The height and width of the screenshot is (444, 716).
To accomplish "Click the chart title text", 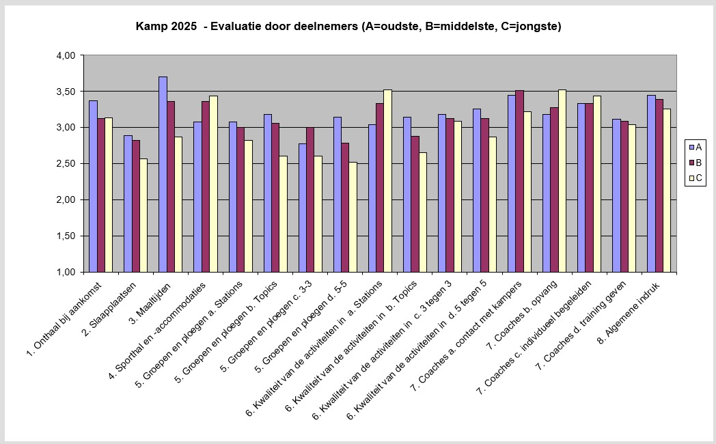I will [348, 27].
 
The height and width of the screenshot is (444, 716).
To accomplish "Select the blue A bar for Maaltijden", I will [163, 174].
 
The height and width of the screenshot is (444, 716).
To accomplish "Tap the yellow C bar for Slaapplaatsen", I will [143, 215].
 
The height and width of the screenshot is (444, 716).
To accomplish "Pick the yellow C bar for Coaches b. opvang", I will [562, 180].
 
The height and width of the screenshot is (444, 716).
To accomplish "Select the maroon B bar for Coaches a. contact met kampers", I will [519, 181].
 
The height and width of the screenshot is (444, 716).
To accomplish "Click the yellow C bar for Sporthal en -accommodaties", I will [213, 184].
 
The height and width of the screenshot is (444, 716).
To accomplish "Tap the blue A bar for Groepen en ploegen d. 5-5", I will [338, 194].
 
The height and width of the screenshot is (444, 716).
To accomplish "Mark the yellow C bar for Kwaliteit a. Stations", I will [387, 180].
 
